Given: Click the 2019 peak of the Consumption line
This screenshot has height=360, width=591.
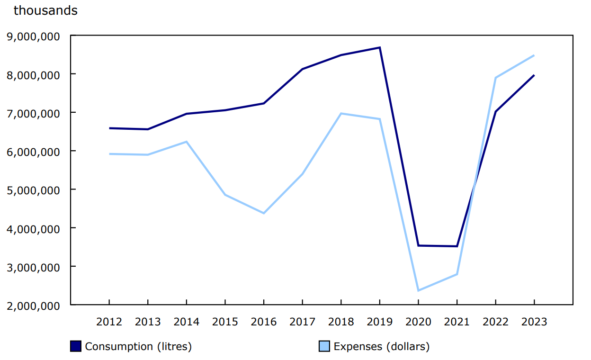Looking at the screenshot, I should click(380, 47).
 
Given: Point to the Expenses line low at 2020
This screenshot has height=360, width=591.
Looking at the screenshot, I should click(418, 290).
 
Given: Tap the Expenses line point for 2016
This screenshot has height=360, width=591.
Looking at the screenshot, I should click(264, 213).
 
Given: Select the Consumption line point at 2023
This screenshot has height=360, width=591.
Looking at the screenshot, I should click(534, 75).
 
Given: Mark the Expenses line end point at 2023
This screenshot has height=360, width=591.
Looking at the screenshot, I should click(534, 55).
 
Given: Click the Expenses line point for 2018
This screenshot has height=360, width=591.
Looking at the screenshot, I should click(341, 113).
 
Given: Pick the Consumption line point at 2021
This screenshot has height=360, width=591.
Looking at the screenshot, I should click(457, 246).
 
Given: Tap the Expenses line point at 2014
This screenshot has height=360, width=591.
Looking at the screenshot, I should click(187, 142).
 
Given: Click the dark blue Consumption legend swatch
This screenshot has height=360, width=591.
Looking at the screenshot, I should click(76, 346).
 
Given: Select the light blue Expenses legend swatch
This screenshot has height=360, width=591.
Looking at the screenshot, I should click(324, 346).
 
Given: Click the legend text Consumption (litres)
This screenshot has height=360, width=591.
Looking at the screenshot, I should click(138, 346).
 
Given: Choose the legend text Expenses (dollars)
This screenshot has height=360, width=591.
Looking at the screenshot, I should click(382, 346).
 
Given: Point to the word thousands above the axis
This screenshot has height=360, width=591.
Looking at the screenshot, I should click(45, 10).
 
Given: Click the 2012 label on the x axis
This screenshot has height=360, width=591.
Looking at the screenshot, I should click(109, 322).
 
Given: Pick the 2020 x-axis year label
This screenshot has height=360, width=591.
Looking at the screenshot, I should click(418, 322).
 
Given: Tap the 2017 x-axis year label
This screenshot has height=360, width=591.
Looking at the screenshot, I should click(302, 322).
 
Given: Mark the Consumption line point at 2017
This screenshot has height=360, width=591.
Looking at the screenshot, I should click(302, 69).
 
